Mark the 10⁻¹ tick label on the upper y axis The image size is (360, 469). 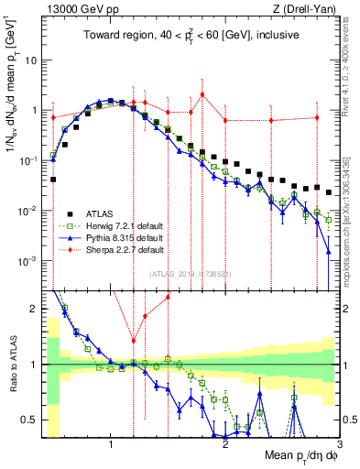pyautogui.click(x=30, y=160)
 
